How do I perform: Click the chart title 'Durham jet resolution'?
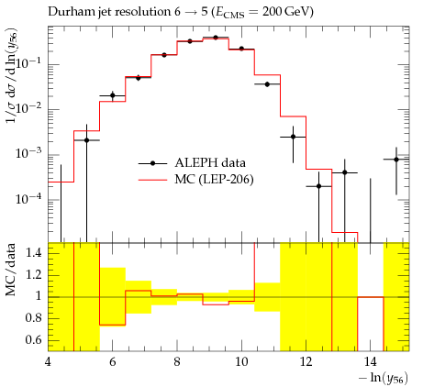tap(108, 12)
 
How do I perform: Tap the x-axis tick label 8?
tap(177, 362)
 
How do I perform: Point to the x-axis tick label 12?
tap(306, 362)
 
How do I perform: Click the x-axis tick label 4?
tap(49, 362)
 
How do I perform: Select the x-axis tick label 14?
tap(371, 362)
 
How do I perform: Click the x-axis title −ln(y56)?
tap(384, 378)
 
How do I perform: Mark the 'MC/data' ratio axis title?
tap(11, 270)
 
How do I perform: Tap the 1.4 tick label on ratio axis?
tap(34, 253)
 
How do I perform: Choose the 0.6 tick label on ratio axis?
tap(34, 340)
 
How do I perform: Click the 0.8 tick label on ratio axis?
tap(34, 318)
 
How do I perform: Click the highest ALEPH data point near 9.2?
tap(216, 38)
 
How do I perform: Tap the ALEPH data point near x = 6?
tap(113, 95)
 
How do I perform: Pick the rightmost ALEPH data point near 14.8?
tap(396, 160)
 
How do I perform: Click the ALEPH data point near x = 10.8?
tap(267, 84)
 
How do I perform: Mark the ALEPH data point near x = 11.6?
tap(293, 137)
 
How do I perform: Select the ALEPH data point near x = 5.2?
tap(86, 140)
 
